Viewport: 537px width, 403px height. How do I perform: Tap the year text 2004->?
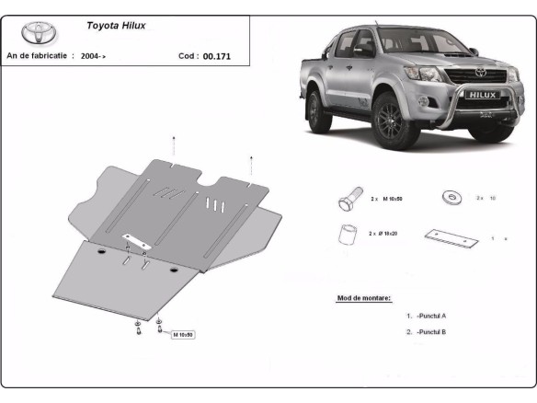point(93,56)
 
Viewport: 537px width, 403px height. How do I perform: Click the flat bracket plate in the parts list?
point(451,238)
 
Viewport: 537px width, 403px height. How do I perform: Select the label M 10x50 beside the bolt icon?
point(386,199)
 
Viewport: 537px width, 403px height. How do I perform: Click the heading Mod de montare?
point(364,298)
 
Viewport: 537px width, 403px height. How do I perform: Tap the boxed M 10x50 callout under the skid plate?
point(182,335)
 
